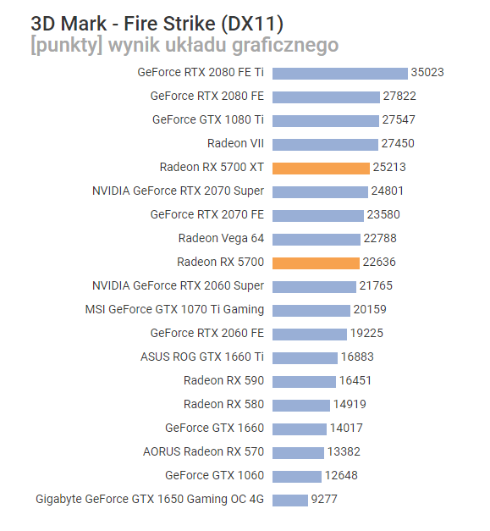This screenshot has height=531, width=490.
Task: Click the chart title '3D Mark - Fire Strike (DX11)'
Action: click(157, 22)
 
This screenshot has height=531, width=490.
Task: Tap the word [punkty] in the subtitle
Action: click(64, 45)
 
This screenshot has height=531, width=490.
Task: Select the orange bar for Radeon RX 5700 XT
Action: click(321, 168)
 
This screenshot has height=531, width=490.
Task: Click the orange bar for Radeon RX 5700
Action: click(317, 263)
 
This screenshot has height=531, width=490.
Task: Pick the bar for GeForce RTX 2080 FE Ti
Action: click(340, 73)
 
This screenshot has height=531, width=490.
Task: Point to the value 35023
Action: click(427, 73)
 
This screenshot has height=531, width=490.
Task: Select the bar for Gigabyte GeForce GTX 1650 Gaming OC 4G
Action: click(290, 500)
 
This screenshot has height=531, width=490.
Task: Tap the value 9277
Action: click(324, 500)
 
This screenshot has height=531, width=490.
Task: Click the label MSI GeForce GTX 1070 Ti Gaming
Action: click(174, 310)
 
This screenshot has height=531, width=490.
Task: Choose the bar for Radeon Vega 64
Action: click(317, 239)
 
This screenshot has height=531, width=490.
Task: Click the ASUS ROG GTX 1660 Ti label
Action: click(202, 357)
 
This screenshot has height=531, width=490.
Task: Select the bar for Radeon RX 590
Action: click(304, 381)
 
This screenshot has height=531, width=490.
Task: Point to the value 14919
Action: click(350, 405)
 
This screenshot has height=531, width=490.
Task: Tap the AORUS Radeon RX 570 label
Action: click(203, 452)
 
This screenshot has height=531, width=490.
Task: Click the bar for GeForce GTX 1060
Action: click(297, 476)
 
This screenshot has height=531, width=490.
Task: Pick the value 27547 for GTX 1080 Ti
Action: click(399, 120)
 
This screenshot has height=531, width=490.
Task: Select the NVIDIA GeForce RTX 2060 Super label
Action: click(178, 286)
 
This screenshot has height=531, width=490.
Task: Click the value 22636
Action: click(379, 263)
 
